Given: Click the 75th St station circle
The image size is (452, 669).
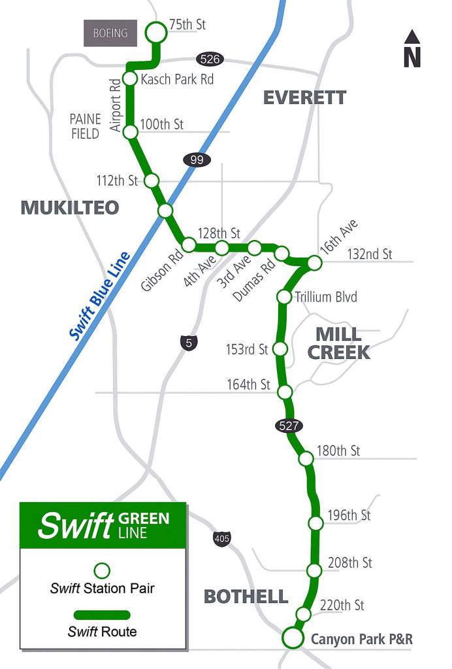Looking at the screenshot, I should pos(156,31).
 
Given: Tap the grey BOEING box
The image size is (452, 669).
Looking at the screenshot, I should pos(110,33).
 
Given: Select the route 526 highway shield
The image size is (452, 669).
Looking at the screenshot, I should pos(210,59).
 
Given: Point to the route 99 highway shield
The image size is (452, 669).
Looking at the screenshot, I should pos(196,160).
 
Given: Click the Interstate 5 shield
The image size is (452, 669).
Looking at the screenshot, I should pos(187,342).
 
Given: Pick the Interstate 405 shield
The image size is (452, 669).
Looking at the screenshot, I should pos(221,539).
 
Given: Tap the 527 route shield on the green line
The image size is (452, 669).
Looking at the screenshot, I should pos(289,426).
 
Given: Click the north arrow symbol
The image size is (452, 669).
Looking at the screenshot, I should pos(412,48).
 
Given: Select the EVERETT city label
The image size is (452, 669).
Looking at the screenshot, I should pos(304,97).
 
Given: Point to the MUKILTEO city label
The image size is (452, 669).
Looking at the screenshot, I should pos(70,207).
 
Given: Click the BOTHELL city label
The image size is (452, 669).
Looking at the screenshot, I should pos(246,596).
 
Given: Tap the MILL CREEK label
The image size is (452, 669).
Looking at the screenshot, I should pos(338,343).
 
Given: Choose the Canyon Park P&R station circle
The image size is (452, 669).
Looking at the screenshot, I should pos(293,638).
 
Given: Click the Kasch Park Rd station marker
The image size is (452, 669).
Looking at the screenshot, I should pos(130,79).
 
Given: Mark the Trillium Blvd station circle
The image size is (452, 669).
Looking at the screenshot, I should pos(284,298).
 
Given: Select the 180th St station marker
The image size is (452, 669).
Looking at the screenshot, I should pos(306,458).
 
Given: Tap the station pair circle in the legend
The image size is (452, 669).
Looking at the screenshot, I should pos(103,571).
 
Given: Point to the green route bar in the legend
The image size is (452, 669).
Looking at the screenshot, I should pos(102,615).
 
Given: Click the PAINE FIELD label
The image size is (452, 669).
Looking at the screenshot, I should pos(86,126).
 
